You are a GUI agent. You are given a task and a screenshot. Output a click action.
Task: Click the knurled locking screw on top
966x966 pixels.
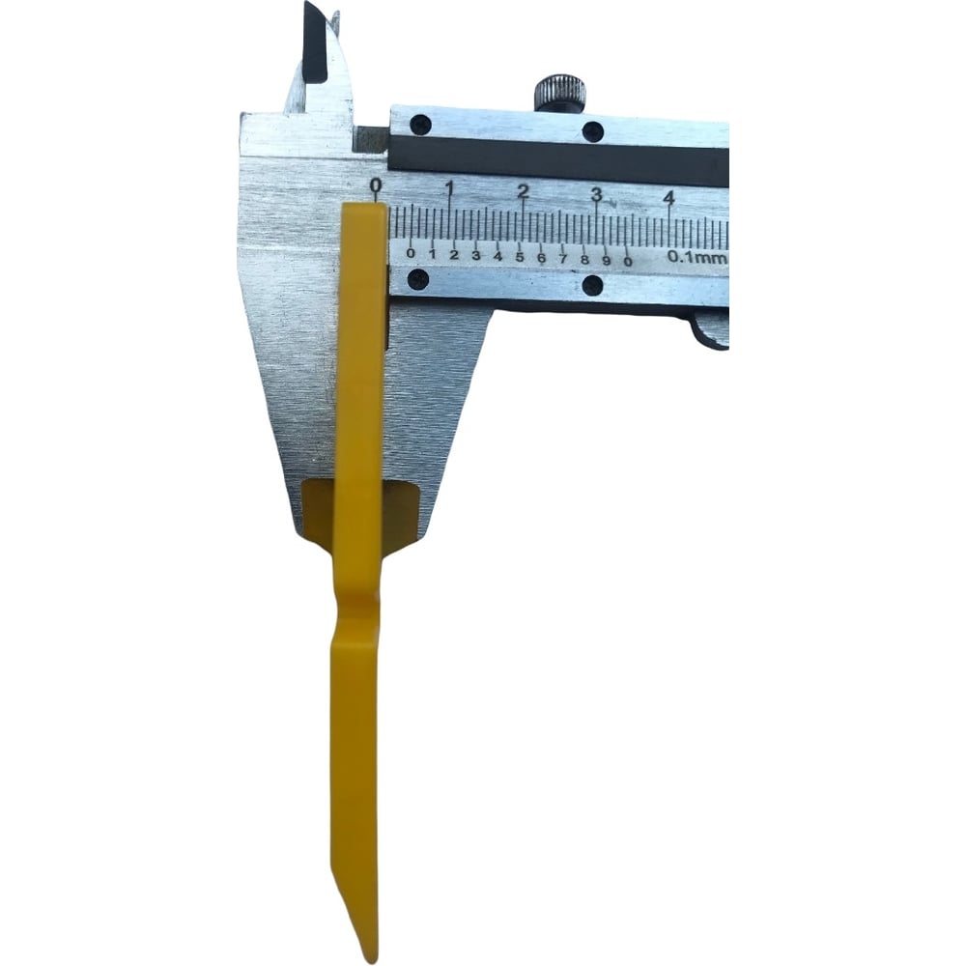(559, 93)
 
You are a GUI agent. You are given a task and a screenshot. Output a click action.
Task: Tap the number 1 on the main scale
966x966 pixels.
(450, 186)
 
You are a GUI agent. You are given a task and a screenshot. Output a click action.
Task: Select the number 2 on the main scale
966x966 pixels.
(523, 191)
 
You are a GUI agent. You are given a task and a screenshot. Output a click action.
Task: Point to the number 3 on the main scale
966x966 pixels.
(596, 195)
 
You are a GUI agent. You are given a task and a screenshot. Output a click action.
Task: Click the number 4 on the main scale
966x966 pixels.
(669, 199)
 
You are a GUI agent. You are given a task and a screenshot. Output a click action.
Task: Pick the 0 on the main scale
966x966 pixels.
(376, 185)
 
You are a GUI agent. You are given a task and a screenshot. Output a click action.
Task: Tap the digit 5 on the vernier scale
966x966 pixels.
(520, 257)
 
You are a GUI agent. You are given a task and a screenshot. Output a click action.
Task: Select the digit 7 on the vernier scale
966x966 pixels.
(563, 259)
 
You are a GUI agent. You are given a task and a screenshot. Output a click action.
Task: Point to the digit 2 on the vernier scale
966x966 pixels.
(454, 255)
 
